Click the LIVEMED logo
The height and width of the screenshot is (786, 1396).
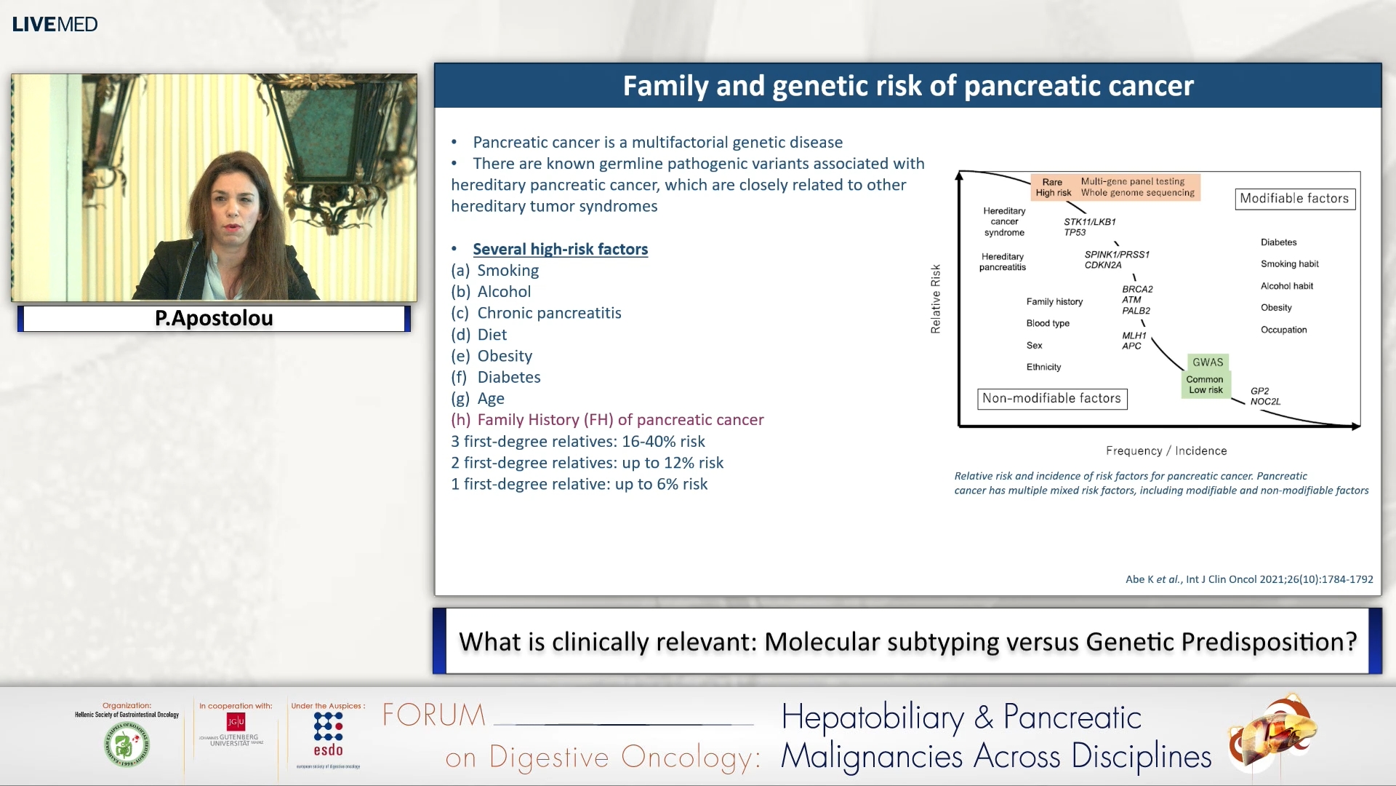pos(55,24)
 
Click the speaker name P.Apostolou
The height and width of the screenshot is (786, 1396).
pos(214,318)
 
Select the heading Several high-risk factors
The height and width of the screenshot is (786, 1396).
pos(560,249)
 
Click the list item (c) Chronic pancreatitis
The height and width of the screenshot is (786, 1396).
pos(536,313)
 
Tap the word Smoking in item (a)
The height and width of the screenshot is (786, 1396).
pos(508,270)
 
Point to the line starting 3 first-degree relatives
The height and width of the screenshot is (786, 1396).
pos(577,441)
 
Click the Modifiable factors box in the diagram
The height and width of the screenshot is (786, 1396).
pos(1294,199)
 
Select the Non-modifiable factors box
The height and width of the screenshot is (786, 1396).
pos(1051,398)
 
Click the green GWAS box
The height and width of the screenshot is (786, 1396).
pos(1208,362)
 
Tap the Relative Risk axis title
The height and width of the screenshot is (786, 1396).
pos(936,299)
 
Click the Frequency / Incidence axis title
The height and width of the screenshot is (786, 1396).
pos(1166,450)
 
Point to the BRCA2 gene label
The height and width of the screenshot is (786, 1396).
pos(1137,289)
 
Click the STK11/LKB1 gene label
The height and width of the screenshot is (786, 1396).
pos(1089,221)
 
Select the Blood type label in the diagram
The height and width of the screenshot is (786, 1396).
pos(1048,323)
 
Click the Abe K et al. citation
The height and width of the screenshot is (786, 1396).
pos(1248,579)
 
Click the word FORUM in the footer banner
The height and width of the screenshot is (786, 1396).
pos(434,715)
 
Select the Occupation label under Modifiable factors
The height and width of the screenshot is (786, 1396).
pos(1283,330)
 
